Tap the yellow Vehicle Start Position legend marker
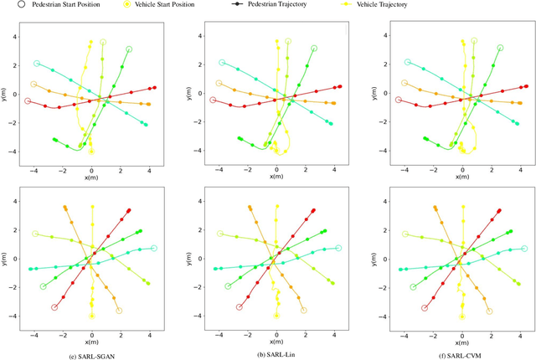(127, 4)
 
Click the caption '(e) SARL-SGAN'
(90, 355)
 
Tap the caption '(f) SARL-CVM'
(461, 355)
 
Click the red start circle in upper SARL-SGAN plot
(27, 101)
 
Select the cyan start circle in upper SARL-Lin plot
(222, 63)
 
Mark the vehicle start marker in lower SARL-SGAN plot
(91, 316)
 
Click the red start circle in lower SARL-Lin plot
(240, 307)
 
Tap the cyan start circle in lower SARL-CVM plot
(524, 249)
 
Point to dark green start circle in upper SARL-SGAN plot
(129, 49)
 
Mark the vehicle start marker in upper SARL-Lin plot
(276, 152)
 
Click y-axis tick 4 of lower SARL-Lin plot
(201, 201)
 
